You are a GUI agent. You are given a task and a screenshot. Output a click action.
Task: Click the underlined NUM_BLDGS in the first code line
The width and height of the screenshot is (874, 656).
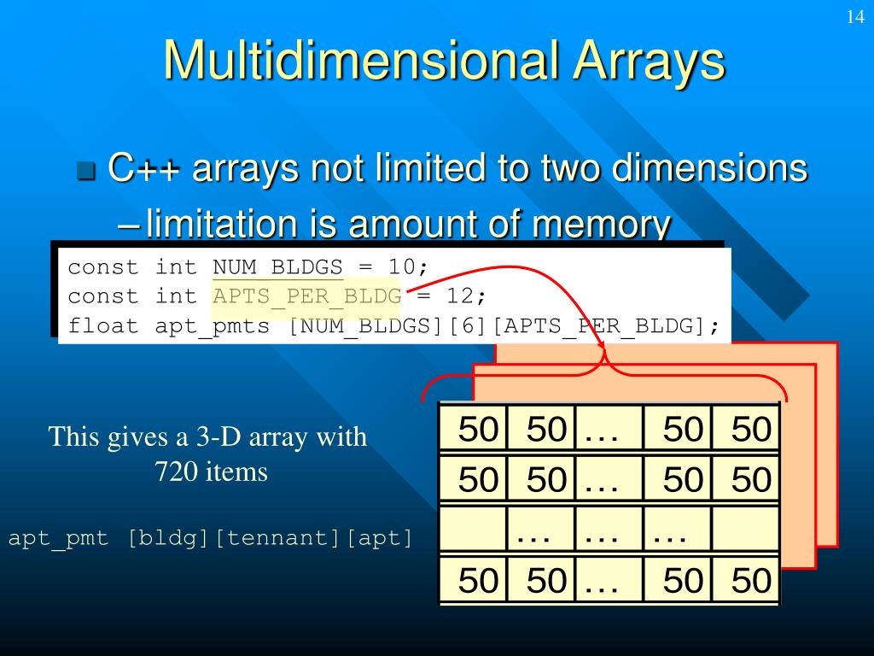pyautogui.click(x=278, y=267)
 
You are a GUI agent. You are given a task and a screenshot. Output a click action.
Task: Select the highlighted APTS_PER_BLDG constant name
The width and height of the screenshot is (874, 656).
pyautogui.click(x=306, y=297)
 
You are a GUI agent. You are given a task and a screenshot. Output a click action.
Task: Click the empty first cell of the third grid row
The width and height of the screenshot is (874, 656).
pyautogui.click(x=473, y=529)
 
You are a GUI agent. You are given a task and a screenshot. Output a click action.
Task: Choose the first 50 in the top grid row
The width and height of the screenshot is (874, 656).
pyautogui.click(x=477, y=429)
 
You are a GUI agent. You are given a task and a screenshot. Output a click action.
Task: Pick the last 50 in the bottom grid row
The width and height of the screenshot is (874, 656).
pyautogui.click(x=751, y=581)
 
